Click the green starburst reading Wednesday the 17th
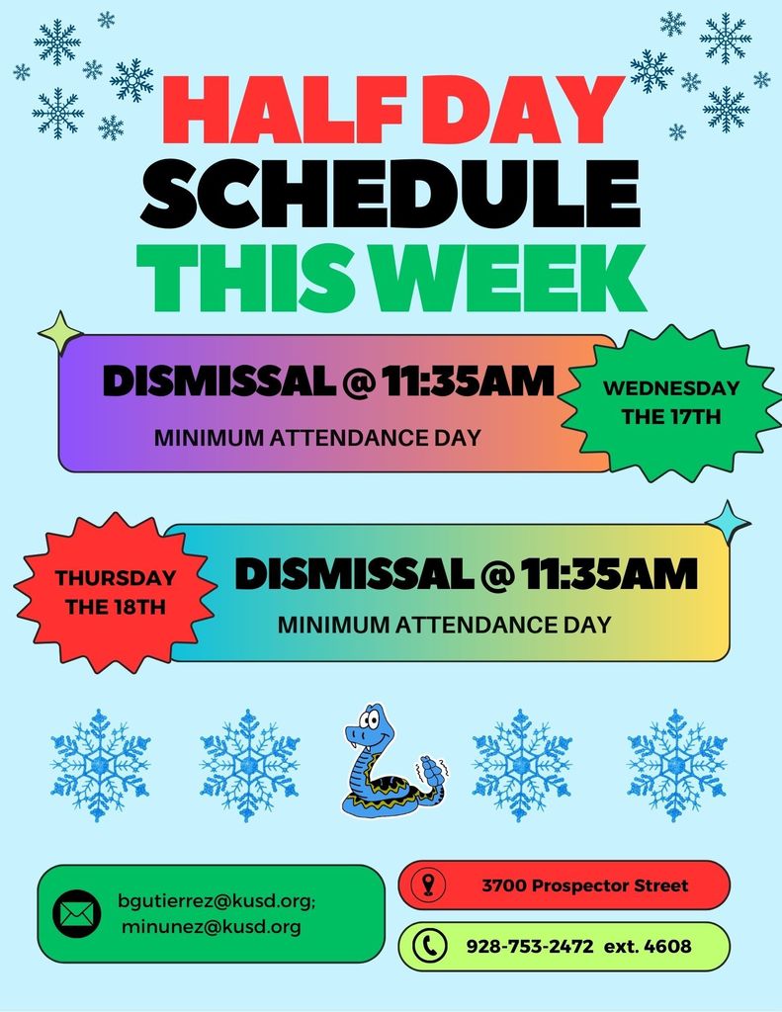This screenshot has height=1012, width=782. (670, 402)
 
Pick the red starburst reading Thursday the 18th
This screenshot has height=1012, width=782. (115, 592)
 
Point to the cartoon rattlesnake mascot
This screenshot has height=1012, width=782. (386, 763)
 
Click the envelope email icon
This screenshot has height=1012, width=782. (76, 914)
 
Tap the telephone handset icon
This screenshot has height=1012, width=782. (429, 947)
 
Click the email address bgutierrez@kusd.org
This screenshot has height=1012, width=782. (217, 901)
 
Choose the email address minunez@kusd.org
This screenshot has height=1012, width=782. (212, 927)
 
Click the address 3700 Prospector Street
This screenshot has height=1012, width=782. (585, 885)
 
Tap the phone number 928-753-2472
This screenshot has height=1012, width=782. (530, 947)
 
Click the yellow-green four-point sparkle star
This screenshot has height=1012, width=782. (61, 333)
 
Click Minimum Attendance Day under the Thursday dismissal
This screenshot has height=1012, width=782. (444, 625)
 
